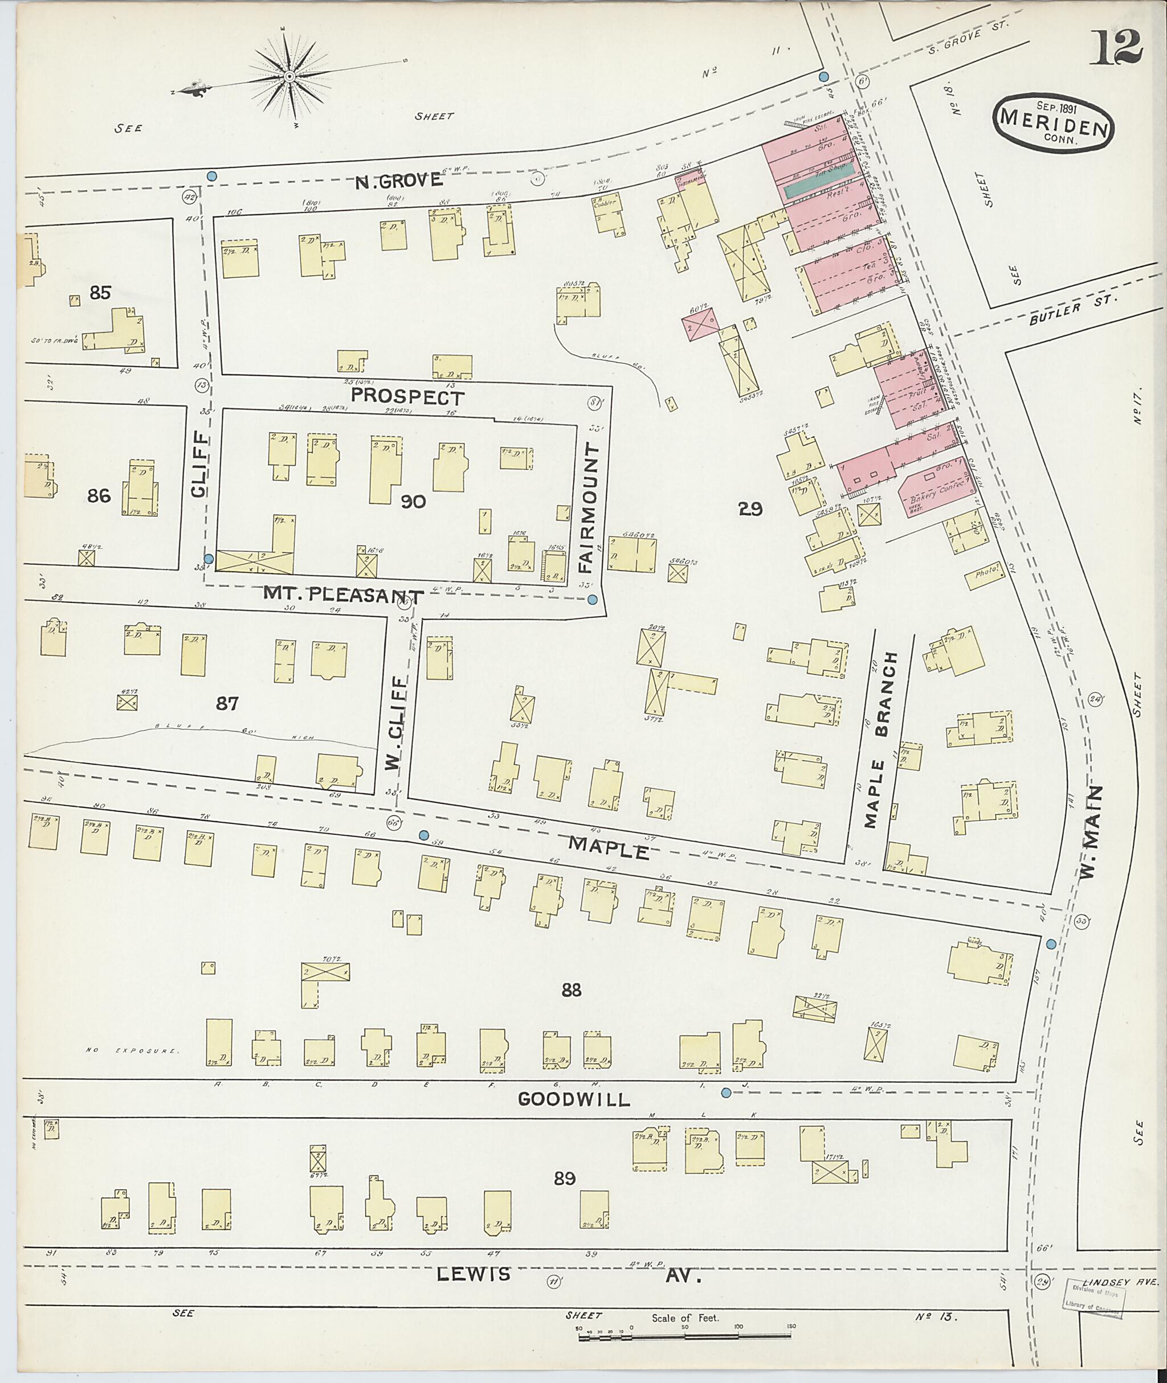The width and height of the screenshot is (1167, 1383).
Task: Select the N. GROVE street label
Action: point(398,180)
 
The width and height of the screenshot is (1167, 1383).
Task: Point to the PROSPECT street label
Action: point(407,397)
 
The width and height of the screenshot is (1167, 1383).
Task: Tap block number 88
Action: point(572,1008)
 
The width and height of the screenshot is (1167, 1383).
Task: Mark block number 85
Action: point(100,292)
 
